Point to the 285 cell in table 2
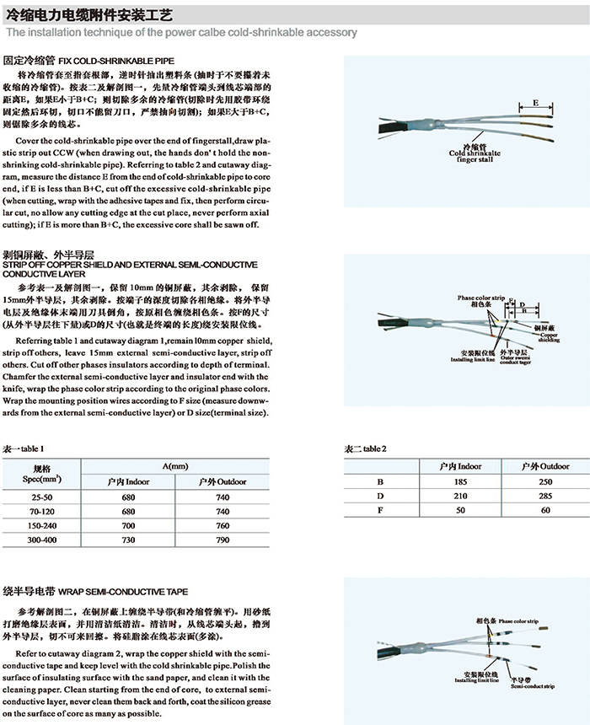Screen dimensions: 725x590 click(544, 497)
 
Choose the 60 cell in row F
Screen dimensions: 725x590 click(544, 511)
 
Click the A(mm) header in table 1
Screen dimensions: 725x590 click(174, 466)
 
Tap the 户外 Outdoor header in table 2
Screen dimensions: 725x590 click(544, 466)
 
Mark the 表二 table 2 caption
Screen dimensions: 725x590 click(366, 448)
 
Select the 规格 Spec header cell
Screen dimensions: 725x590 click(42, 473)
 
